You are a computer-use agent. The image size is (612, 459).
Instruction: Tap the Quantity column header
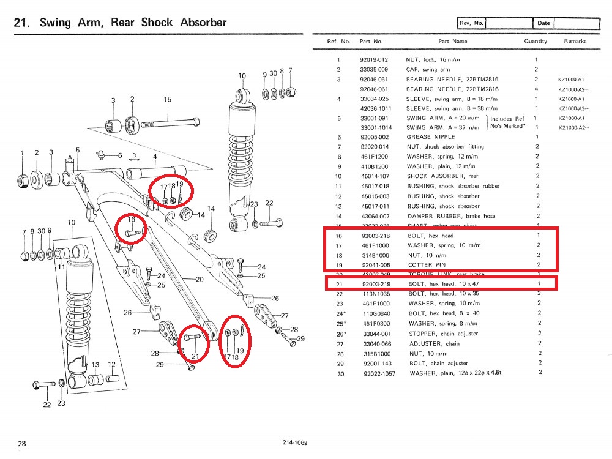(x=535, y=41)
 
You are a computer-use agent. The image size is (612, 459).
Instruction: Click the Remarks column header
(x=575, y=41)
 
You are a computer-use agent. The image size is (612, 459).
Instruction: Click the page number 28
(x=21, y=444)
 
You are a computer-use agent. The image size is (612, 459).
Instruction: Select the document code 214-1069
(x=295, y=443)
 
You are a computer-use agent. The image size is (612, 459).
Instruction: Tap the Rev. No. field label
(x=472, y=23)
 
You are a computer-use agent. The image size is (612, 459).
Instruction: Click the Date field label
(x=543, y=23)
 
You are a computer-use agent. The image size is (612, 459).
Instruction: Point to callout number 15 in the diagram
(x=167, y=99)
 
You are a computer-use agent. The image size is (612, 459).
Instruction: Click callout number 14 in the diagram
(x=211, y=209)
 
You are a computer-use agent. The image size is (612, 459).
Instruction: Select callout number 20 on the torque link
(x=199, y=279)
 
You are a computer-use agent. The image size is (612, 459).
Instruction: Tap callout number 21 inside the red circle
(x=196, y=356)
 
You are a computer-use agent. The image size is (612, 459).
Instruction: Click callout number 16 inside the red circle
(x=130, y=219)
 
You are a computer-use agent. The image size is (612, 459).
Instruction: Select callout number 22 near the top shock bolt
(x=269, y=203)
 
